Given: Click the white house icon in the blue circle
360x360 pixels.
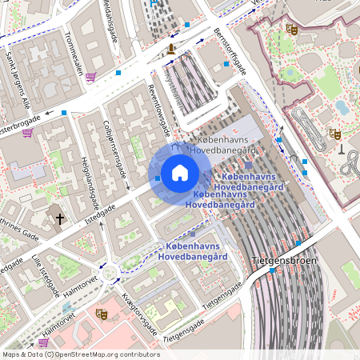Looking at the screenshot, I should click(180, 173).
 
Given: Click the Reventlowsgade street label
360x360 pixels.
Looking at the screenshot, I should click(159, 109).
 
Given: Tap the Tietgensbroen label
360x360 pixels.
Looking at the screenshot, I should click(284, 261).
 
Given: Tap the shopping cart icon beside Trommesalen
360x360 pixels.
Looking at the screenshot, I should click(91, 77).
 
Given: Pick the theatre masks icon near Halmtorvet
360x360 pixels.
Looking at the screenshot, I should click(101, 314).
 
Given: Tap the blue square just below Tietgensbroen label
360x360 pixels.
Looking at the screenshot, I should click(273, 271).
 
